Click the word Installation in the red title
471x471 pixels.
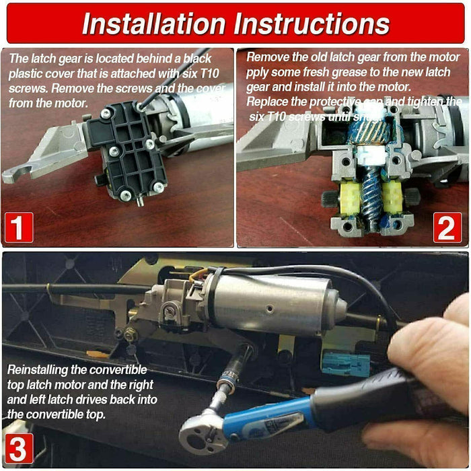(x=153, y=24)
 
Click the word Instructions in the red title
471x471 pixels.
(x=312, y=24)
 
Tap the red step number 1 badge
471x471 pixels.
(x=19, y=227)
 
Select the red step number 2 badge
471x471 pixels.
(x=447, y=227)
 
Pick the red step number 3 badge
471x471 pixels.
(x=19, y=449)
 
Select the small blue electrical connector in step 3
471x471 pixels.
(x=346, y=364)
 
